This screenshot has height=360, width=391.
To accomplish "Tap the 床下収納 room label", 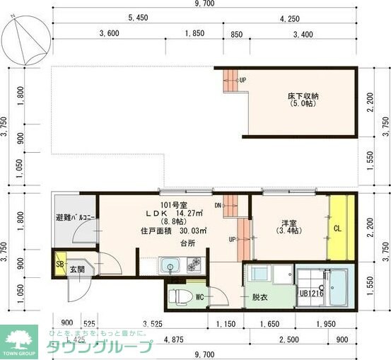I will coord(303,99).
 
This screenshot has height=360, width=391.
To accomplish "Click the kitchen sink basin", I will coord(170,267).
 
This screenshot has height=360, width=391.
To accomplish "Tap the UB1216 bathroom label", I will coord(311,294).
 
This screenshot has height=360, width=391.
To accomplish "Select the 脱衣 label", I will coord(260,298).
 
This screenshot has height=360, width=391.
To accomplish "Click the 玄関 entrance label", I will coord(76,269).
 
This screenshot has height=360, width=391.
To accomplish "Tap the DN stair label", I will coord(218,206).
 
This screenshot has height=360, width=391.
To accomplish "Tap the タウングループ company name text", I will coord(100,347).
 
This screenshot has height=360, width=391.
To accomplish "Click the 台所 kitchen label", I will coord(187,243).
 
